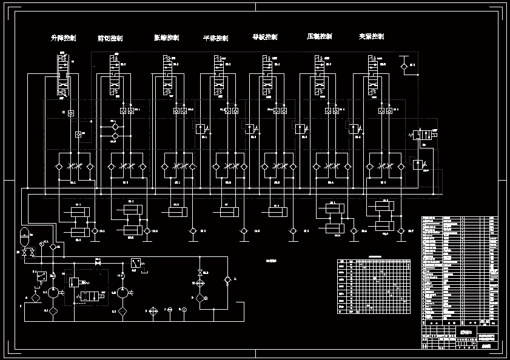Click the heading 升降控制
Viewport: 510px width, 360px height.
(63, 38)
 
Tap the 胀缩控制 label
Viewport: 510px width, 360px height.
(166, 38)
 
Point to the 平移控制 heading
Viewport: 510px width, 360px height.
(215, 38)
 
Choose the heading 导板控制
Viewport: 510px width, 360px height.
(264, 37)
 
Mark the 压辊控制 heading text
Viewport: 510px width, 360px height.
(320, 36)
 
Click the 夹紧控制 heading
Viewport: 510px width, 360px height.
(371, 36)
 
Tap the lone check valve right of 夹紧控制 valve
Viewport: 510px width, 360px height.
(404, 66)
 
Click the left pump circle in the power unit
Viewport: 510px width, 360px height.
(53, 292)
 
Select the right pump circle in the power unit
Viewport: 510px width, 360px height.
(122, 292)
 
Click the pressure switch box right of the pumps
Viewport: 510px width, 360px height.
(136, 264)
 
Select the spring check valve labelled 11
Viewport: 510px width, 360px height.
(227, 279)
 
